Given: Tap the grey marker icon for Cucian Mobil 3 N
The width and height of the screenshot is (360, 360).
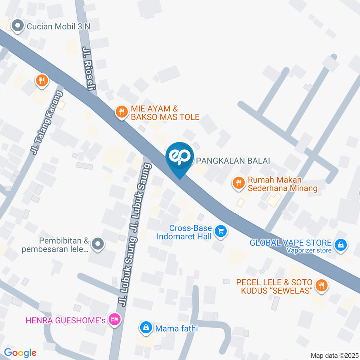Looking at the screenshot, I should coord(17,26).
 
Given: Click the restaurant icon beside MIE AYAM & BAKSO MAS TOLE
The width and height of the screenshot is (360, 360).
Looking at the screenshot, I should coord(121,111).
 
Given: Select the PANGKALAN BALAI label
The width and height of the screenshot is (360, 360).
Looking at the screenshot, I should coord(233,161).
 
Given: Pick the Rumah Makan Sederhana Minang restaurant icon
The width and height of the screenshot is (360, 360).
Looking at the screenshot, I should coord(238,183).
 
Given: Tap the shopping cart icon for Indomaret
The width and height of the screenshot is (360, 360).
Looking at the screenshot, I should coord(221,232).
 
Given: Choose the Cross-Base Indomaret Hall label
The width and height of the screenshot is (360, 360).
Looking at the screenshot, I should coord(184,232).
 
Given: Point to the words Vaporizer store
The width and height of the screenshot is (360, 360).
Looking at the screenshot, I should coord(309,250).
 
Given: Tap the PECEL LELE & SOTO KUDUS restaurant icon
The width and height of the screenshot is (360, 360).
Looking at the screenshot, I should coord(321,285).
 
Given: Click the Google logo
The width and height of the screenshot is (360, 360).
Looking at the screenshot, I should coord(20,352).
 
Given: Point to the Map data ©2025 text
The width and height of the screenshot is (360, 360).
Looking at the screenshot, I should coord(334,355).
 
